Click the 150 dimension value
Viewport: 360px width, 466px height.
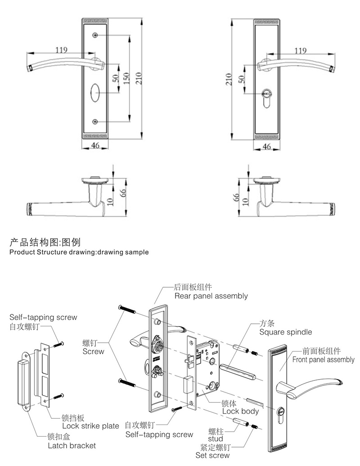126,78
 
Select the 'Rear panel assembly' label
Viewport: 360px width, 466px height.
211,296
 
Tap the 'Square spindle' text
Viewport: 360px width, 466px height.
285,332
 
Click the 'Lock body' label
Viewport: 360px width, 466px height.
240,411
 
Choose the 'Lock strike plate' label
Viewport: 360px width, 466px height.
90,425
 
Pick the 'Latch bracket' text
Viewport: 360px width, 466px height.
72,446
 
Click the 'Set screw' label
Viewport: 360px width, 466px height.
212,455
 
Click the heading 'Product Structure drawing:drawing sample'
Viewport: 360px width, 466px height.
79,252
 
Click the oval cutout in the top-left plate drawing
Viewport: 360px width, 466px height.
95,93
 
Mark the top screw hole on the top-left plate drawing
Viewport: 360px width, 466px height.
95,35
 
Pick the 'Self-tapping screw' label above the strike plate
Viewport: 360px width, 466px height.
43,317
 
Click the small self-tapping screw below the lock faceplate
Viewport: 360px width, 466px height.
175,409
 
